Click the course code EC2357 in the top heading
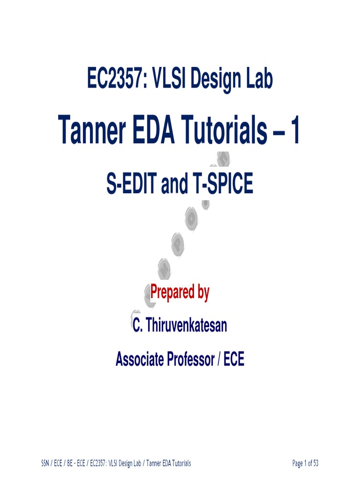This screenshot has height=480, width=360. (115, 79)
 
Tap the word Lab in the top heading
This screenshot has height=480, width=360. (257, 79)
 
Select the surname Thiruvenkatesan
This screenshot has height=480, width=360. (187, 325)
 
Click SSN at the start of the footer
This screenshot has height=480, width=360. (45, 464)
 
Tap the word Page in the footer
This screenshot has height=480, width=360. (298, 464)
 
